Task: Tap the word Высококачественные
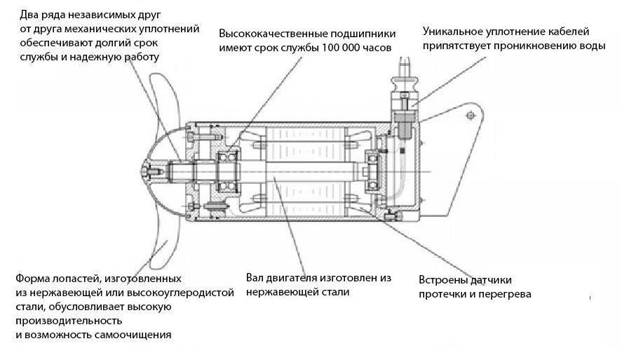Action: point(269,33)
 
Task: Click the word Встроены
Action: point(445,279)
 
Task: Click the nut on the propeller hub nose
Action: point(144,171)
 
